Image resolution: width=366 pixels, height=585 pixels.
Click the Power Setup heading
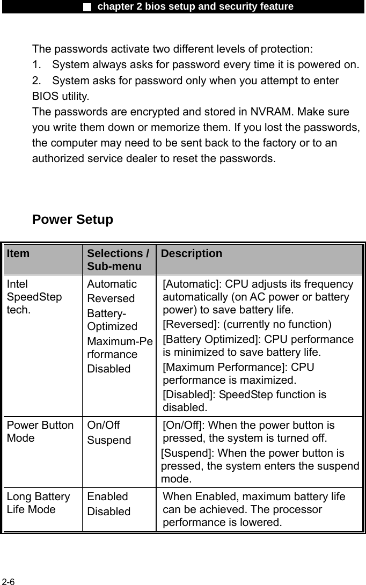point(72,220)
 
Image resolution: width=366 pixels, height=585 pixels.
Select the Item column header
point(19,254)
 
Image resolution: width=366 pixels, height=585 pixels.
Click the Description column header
point(191,254)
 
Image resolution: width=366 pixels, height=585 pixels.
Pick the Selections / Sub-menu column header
point(118,260)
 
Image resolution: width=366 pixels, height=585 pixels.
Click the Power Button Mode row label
point(40,432)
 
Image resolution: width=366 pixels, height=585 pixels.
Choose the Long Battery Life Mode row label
point(38,503)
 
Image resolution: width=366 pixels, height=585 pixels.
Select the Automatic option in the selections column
point(112,284)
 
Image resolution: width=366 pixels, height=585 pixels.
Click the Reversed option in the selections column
point(111,298)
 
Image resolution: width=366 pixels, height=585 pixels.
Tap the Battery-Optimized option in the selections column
point(112,319)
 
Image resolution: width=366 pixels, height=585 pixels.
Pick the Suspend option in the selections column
point(109,440)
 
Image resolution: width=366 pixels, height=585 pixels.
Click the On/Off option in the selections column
point(104,426)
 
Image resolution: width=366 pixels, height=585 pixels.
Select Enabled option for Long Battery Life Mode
point(107,497)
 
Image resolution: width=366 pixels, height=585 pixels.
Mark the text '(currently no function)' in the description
point(277,325)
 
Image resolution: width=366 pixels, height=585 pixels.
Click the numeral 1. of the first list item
point(36,65)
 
